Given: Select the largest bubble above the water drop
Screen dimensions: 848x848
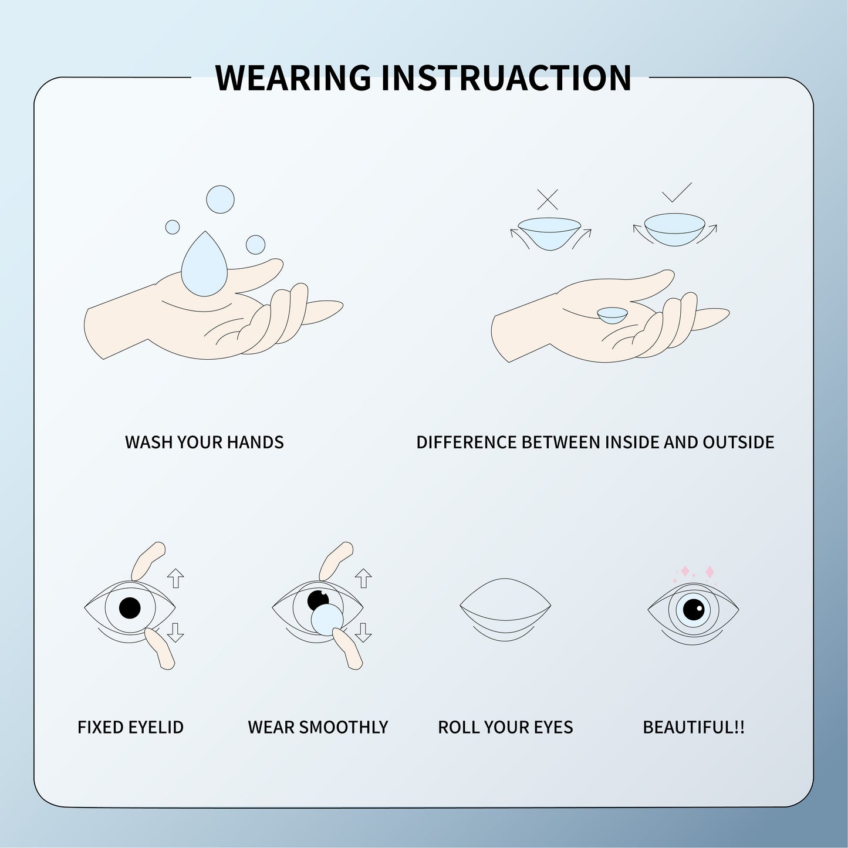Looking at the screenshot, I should [220, 200].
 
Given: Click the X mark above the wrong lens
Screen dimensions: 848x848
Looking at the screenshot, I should [548, 200].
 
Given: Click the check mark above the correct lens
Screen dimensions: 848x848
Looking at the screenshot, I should [676, 193].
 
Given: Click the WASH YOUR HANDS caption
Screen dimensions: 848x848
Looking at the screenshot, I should [204, 442].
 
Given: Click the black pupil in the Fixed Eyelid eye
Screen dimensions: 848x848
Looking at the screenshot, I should [130, 607].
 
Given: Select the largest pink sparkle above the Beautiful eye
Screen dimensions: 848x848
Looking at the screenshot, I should [710, 572].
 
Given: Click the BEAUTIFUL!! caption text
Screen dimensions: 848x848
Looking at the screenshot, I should [694, 727].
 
